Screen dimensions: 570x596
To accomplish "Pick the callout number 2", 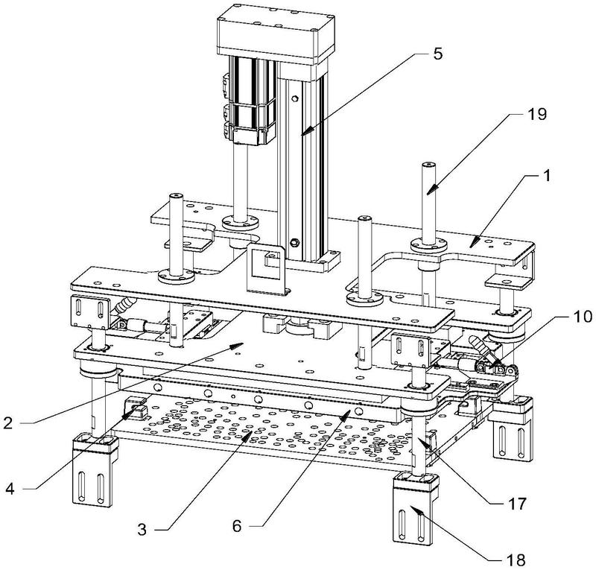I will click(8, 422).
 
